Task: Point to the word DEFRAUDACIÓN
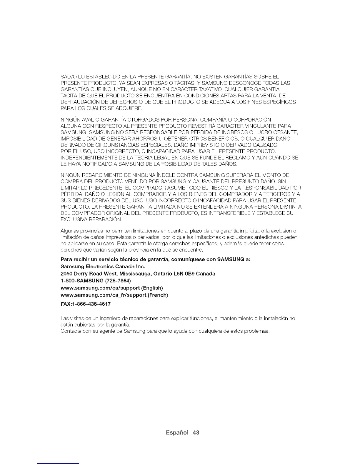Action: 78,102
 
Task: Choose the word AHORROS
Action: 129,139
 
